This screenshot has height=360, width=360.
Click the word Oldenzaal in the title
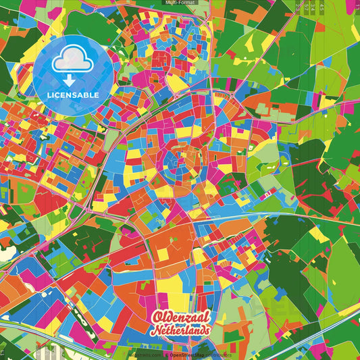point(181,316)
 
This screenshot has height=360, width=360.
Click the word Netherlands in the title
point(182,330)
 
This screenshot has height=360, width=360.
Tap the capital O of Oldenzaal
point(157,317)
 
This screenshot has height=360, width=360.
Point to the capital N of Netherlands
point(155,331)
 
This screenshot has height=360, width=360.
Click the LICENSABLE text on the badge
point(74,95)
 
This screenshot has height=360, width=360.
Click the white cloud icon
point(74,63)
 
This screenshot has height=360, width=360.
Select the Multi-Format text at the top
point(180,3)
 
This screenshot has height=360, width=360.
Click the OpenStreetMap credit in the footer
point(187,355)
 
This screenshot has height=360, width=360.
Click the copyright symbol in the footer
point(165,355)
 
